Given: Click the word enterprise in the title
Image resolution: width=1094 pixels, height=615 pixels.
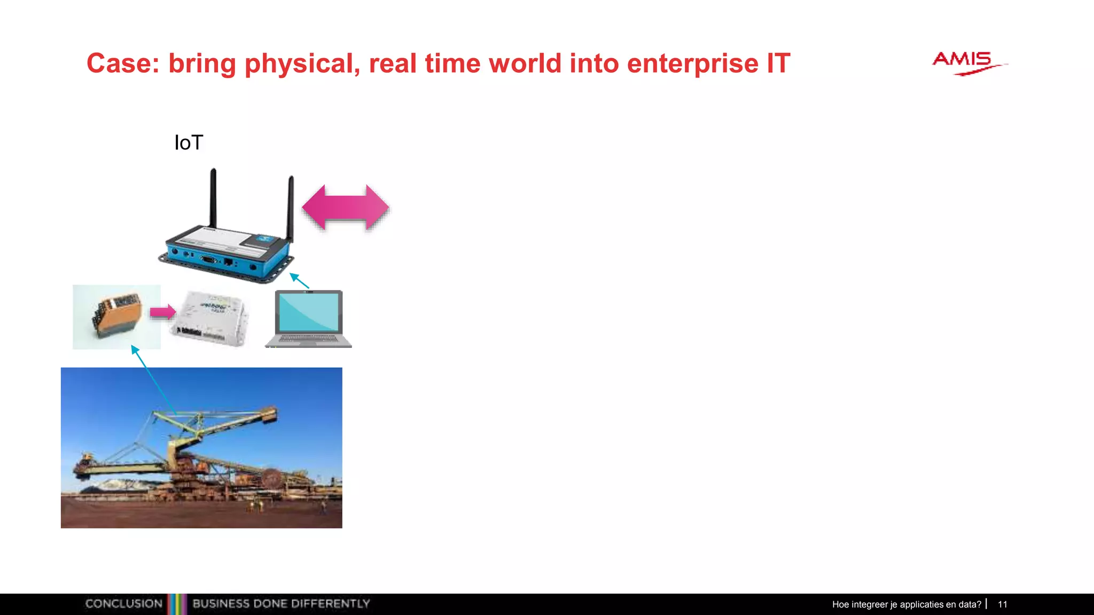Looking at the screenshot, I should point(692,64).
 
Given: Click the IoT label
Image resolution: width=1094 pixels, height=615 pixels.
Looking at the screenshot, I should point(189,143).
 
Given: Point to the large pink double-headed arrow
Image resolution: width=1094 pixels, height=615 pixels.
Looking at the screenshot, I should point(346,208).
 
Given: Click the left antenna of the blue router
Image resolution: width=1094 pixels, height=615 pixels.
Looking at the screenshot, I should point(213,198).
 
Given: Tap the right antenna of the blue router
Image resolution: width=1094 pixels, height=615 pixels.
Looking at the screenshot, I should point(291,208).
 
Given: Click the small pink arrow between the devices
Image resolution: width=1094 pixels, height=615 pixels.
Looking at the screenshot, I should point(162,312).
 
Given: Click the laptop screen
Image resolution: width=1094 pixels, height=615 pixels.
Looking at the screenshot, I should point(309,312).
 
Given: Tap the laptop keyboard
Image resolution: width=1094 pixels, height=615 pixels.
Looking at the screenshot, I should point(308,340).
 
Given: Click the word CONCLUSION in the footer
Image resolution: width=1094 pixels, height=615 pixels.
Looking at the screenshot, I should point(124,604).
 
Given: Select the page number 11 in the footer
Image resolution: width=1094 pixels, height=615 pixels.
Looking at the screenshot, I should point(1002,604).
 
